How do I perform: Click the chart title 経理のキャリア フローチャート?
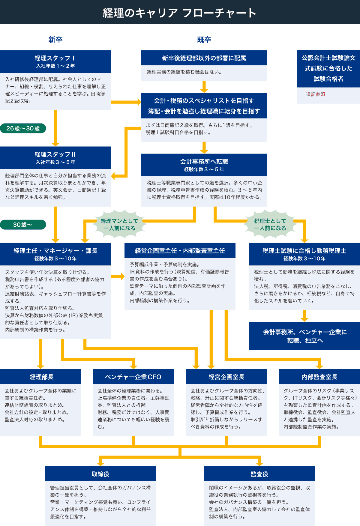[x=179, y=13]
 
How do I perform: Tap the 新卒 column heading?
[x=55, y=40]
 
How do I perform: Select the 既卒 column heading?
[x=204, y=40]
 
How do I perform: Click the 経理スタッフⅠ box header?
[x=55, y=61]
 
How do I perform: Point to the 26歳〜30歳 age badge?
[x=23, y=128]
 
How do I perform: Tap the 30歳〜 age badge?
[x=23, y=225]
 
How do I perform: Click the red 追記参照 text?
[x=315, y=94]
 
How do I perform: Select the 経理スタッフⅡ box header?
[x=55, y=158]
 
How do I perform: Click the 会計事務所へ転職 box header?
[x=204, y=165]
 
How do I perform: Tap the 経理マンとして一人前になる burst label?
[x=119, y=225]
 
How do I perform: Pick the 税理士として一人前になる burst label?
[x=270, y=225]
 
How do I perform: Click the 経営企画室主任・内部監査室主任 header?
[x=180, y=251]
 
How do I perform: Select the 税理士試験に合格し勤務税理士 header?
[x=304, y=254]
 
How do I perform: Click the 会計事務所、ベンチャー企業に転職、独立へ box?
[x=304, y=336]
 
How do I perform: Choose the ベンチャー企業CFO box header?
[x=133, y=377]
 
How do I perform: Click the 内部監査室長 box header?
[x=319, y=377]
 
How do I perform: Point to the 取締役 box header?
[x=100, y=474]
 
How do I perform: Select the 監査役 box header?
[x=259, y=474]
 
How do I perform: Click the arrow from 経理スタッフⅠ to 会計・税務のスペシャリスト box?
[x=126, y=102]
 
